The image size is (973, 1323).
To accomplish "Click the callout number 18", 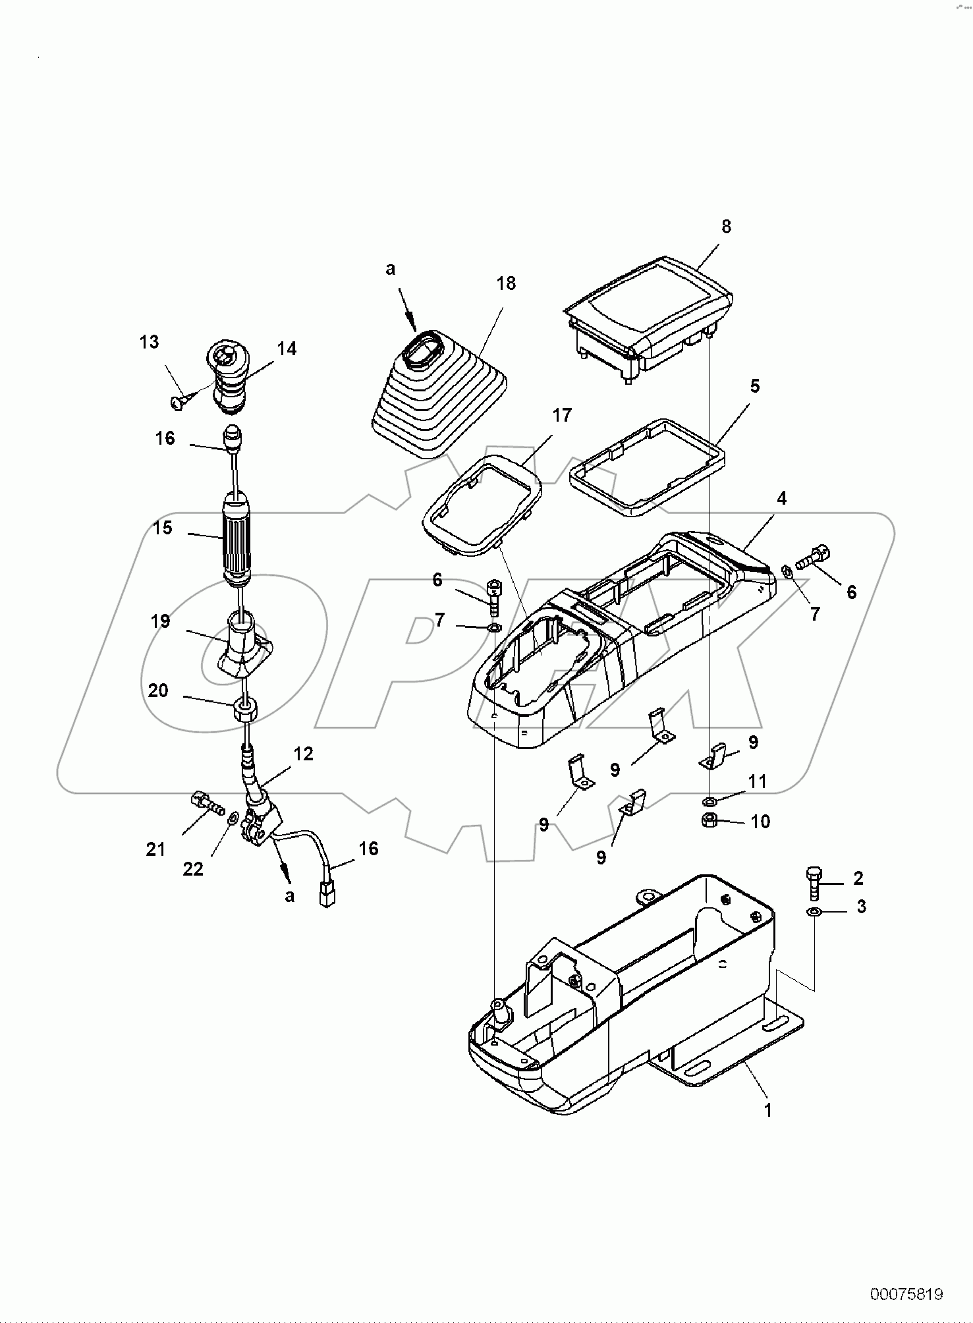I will (x=507, y=283).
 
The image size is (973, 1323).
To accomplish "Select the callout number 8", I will (x=726, y=227).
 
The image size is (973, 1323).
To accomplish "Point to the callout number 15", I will (x=163, y=528).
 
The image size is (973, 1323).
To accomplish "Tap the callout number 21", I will (x=155, y=850).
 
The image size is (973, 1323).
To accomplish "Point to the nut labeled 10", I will (x=710, y=821).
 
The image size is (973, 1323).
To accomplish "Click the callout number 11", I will (x=758, y=781).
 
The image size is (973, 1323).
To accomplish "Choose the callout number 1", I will (x=767, y=1110).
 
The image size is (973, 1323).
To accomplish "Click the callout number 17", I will (x=562, y=415).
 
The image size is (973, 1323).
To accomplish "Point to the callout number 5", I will (x=754, y=386).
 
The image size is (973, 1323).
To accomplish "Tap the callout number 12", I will (x=303, y=753).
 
